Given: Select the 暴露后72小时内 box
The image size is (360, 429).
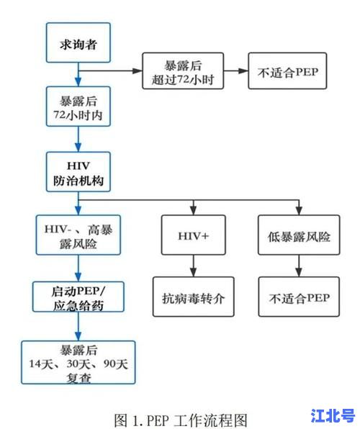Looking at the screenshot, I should (x=78, y=107).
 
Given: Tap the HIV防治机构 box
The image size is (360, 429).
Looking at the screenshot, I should (x=78, y=172).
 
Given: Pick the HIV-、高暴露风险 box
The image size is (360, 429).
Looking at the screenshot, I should (x=78, y=235).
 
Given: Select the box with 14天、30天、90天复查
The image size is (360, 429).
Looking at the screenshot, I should (x=78, y=363).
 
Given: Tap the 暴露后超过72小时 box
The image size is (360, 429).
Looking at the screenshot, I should (x=182, y=71).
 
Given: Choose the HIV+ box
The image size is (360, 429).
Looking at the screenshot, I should (x=193, y=235).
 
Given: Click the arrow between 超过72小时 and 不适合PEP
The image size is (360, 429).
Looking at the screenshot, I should (x=235, y=71).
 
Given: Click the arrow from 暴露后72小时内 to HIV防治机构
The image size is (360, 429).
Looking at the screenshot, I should (x=78, y=140).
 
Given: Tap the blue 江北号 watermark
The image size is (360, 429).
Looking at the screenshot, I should (x=332, y=415).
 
